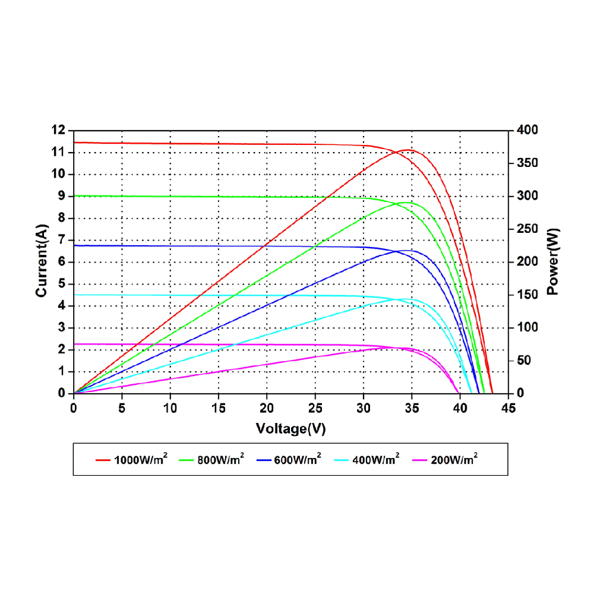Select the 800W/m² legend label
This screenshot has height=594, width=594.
(x=220, y=459)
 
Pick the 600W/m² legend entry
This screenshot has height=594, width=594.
(x=298, y=459)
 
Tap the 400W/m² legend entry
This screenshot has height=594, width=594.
(x=376, y=459)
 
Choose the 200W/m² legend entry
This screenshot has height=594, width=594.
(x=454, y=459)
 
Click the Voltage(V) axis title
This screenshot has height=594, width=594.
(x=290, y=428)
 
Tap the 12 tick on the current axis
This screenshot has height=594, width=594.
(x=59, y=130)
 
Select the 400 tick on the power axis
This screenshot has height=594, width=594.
(x=527, y=130)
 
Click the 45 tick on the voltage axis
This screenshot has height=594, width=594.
(x=508, y=408)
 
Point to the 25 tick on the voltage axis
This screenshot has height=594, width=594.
(x=315, y=408)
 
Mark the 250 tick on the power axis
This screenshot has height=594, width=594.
(x=527, y=229)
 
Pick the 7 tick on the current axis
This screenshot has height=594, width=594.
(x=61, y=240)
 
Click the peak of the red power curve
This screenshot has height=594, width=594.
(x=408, y=150)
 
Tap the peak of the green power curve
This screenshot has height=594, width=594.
(x=406, y=203)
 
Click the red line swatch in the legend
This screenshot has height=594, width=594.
(x=103, y=460)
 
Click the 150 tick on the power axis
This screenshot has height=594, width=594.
(x=527, y=295)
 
